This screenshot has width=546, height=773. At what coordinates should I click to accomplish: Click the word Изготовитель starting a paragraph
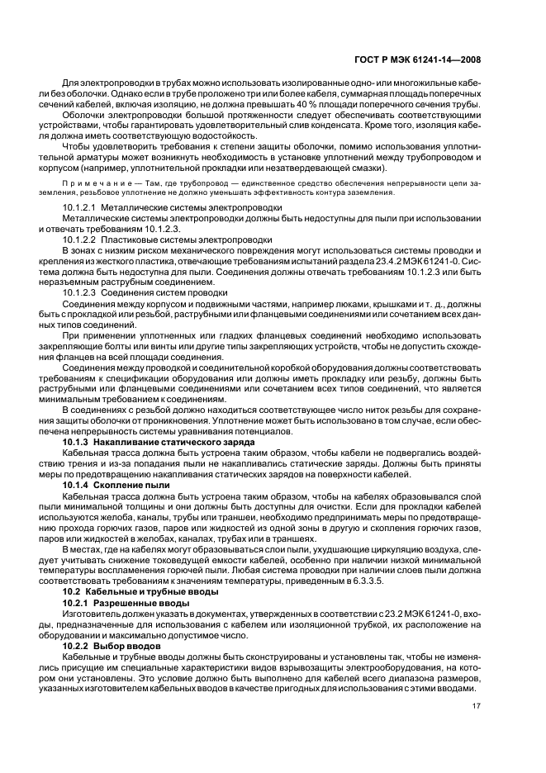pyautogui.click(x=89, y=614)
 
